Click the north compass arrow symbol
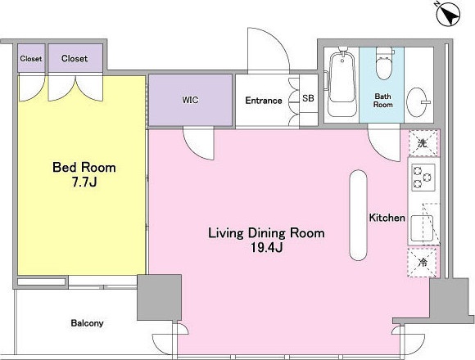coord(449,14)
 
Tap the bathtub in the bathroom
coord(342,82)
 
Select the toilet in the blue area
coord(384,63)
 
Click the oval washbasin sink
coord(417,102)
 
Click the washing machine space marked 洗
coord(423,143)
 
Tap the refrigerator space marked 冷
coord(423,262)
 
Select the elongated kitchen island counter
coord(358,215)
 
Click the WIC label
coord(191,100)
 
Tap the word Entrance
coord(264,101)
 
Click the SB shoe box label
coord(308,98)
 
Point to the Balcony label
coord(88,323)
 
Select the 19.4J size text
coord(267,248)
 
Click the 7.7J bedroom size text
coord(84,182)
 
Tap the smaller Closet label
coord(31,58)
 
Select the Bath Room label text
coord(383,101)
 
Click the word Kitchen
coord(387,218)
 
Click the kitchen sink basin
coord(422,228)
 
